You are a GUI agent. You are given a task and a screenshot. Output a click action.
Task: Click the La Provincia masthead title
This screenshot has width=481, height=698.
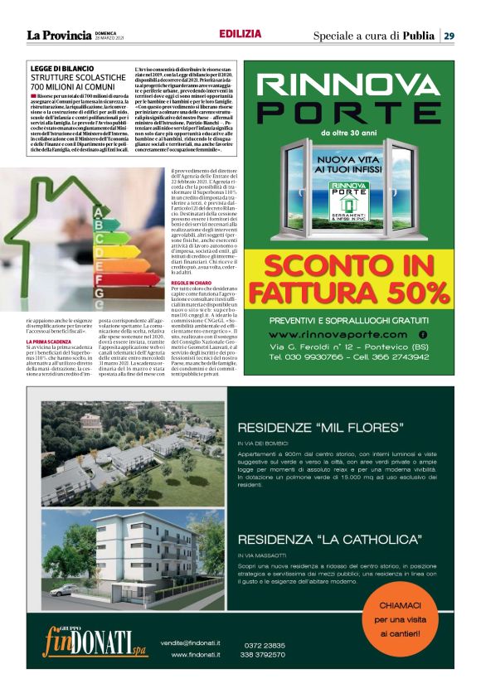[59, 35]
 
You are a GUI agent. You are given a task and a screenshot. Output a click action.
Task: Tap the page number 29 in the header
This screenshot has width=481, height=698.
[448, 36]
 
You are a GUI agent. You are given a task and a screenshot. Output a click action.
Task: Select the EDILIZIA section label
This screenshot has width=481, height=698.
[240, 34]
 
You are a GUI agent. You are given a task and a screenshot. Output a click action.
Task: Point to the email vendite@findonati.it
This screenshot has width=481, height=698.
[193, 642]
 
